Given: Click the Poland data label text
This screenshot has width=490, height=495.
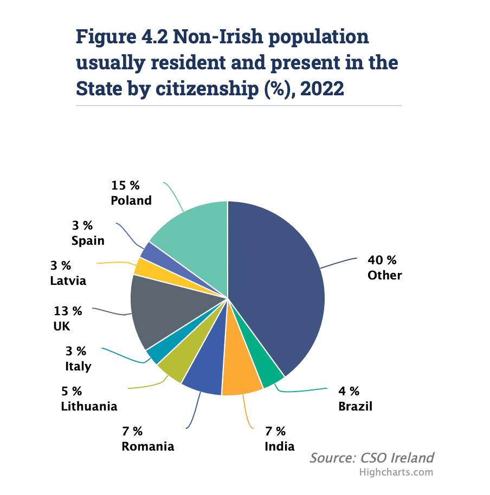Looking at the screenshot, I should pyautogui.click(x=131, y=200).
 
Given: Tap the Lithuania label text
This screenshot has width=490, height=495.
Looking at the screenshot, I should pyautogui.click(x=89, y=406).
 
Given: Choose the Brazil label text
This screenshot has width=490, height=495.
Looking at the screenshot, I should pyautogui.click(x=355, y=406).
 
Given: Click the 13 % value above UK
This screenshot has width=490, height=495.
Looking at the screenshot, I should pyautogui.click(x=68, y=311).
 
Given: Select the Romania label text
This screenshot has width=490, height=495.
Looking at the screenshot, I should pyautogui.click(x=148, y=446).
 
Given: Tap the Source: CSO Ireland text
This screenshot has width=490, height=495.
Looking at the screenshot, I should pyautogui.click(x=371, y=458).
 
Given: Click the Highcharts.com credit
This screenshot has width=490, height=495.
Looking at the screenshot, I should pyautogui.click(x=396, y=472).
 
